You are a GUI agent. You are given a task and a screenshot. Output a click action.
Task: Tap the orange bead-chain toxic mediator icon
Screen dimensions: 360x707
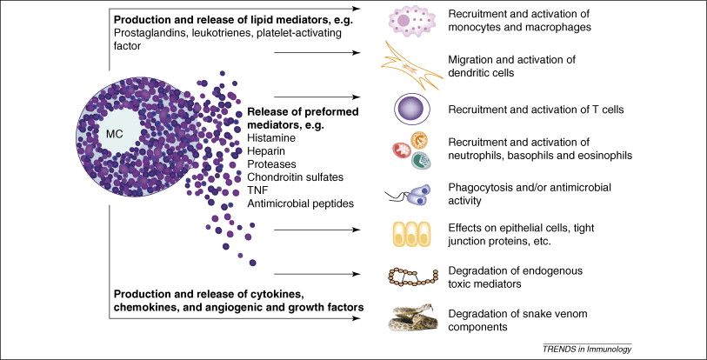click(414, 277)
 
